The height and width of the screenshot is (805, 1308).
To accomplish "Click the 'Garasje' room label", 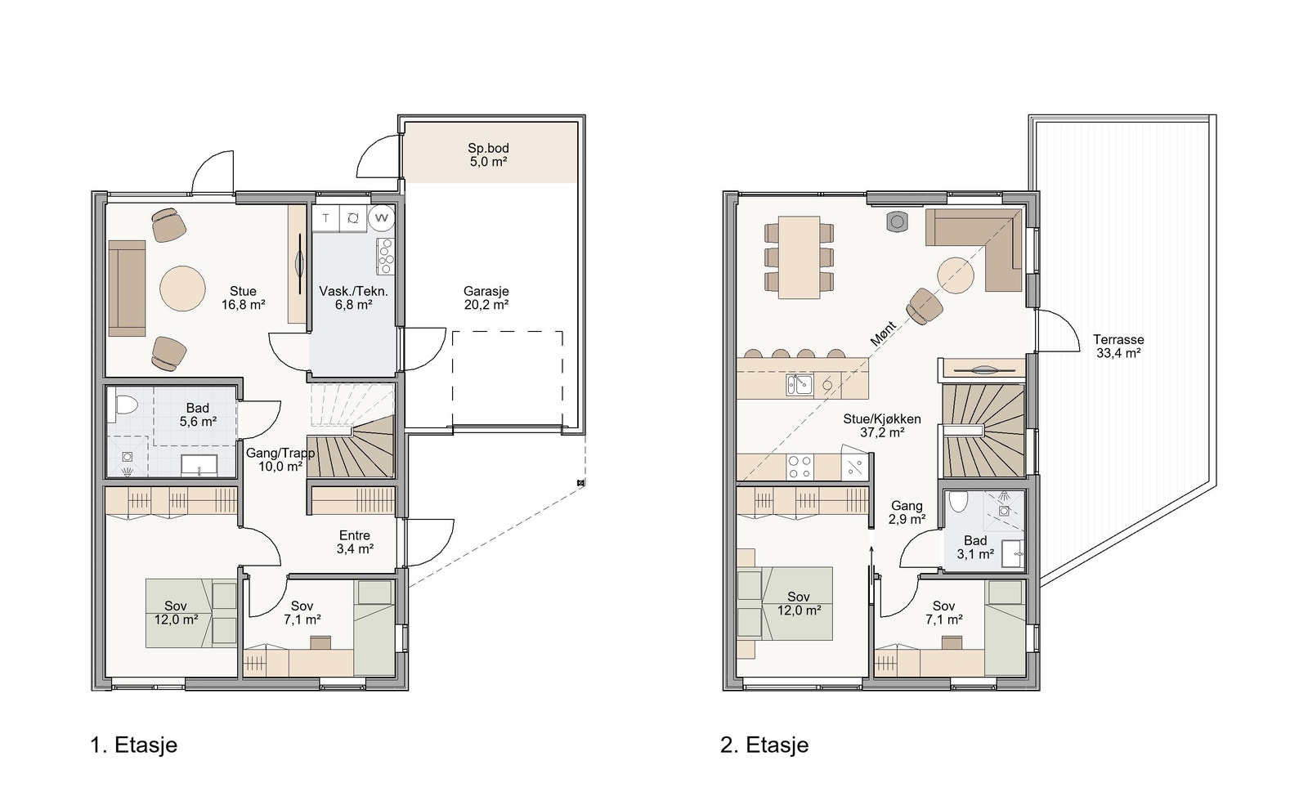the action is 486,291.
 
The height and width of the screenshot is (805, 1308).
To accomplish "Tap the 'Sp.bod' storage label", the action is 488,148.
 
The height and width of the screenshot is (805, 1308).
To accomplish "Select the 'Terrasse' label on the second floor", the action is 1118,339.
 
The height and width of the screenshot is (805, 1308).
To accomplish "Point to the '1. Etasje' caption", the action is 134,745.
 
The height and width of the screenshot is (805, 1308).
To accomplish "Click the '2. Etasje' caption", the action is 764,745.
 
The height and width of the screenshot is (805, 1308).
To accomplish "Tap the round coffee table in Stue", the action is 183,288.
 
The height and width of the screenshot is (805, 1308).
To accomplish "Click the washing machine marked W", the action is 381,218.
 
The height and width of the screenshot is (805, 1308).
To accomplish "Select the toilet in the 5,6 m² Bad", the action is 125,404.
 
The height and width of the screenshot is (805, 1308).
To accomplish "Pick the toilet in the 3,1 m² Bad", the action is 958,501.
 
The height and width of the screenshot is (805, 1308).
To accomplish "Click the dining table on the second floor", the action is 798,257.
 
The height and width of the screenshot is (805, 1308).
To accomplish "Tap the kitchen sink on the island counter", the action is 799,385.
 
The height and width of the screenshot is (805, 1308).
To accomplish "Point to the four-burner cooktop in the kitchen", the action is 800,467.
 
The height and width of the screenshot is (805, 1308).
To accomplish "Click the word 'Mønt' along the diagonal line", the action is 883,334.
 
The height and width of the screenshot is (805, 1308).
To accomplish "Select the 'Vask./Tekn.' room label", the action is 353,291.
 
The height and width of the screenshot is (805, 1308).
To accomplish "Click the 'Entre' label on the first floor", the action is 355,535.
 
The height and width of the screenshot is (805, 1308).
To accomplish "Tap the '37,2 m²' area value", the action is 882,432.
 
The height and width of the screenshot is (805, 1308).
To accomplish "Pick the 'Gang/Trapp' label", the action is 280,453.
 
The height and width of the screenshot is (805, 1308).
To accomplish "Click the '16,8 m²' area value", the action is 244,304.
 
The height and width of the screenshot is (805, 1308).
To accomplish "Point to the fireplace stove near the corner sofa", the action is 897,221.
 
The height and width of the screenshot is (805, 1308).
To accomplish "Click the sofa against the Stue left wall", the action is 127,288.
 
